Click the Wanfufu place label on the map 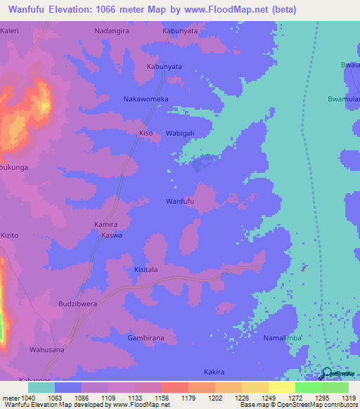pyautogui.click(x=179, y=202)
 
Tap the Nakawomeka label pyautogui.click(x=146, y=100)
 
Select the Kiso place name pyautogui.click(x=146, y=133)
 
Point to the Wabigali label pyautogui.click(x=181, y=133)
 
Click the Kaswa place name pyautogui.click(x=112, y=235)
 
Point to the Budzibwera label pyautogui.click(x=77, y=305)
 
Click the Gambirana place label pyautogui.click(x=146, y=338)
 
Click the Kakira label pyautogui.click(x=214, y=371)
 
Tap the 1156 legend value pyautogui.click(x=162, y=398)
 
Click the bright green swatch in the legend pyautogui.click(x=308, y=387)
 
